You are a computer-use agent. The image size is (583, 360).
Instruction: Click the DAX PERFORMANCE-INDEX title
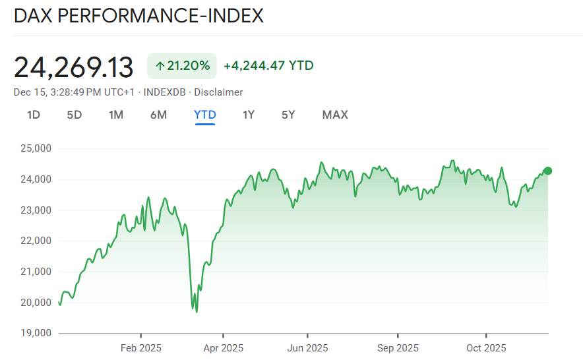(x=138, y=16)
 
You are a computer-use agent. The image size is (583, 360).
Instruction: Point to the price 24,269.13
(x=74, y=67)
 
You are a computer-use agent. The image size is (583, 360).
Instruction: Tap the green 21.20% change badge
(x=182, y=65)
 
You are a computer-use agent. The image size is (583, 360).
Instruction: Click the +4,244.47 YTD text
(x=268, y=65)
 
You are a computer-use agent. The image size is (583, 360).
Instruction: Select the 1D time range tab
(x=34, y=115)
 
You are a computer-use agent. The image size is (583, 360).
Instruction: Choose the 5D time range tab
(x=75, y=115)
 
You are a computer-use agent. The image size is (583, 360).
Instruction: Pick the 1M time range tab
(x=116, y=115)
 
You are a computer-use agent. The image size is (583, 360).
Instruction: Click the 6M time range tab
(x=158, y=115)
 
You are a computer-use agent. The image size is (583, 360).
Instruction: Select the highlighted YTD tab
(x=205, y=115)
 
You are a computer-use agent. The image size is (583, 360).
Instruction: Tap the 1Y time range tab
(x=249, y=115)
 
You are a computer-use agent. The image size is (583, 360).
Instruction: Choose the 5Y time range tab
(x=288, y=115)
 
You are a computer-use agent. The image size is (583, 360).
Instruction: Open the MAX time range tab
(x=335, y=115)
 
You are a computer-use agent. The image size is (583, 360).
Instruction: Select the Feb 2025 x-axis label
(x=140, y=347)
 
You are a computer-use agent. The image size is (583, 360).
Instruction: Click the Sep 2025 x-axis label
(x=398, y=347)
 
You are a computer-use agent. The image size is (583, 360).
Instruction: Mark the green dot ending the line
(x=547, y=171)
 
